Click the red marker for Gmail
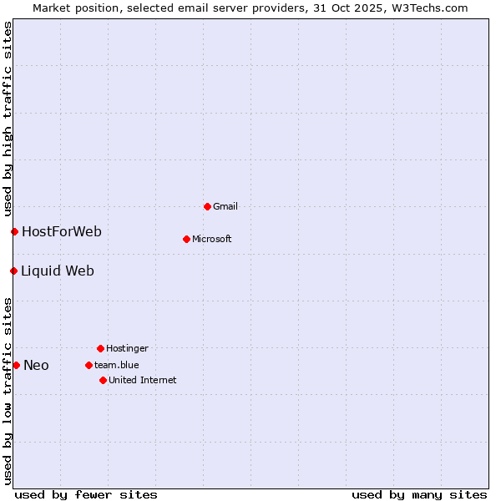click(207, 206)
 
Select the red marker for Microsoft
click(186, 239)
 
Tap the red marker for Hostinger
click(100, 348)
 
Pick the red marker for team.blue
click(89, 365)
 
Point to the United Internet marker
click(103, 380)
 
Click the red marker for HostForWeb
click(14, 231)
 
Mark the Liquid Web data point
click(13, 271)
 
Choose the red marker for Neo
click(16, 365)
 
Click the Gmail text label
click(225, 206)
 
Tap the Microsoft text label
click(212, 239)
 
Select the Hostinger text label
click(127, 348)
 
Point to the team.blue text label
click(117, 365)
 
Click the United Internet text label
click(143, 380)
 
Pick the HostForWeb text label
click(62, 231)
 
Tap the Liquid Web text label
click(58, 271)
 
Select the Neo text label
click(36, 365)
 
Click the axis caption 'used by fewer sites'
click(86, 494)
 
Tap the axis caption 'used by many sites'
click(419, 494)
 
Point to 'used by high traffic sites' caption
click(8, 119)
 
